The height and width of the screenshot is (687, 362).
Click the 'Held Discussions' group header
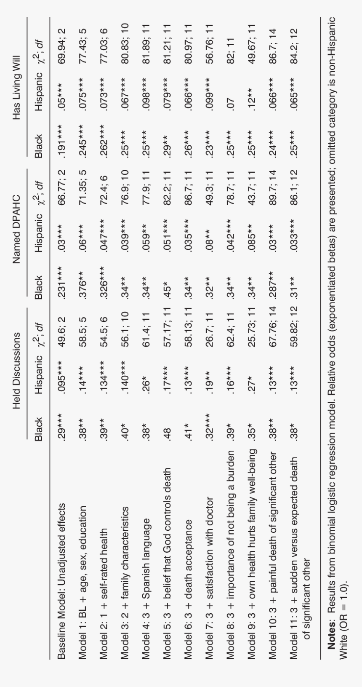click(16, 365)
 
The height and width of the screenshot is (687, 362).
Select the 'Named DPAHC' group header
click(16, 223)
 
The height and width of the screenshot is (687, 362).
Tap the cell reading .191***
click(62, 134)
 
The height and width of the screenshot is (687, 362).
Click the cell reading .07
click(231, 102)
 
